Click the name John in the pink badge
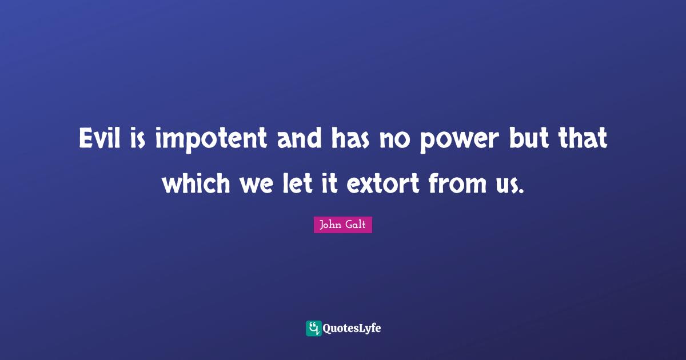coord(330,225)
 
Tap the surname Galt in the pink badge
coord(356,225)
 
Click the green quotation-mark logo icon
coord(313,328)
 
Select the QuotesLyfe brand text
coord(352,329)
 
